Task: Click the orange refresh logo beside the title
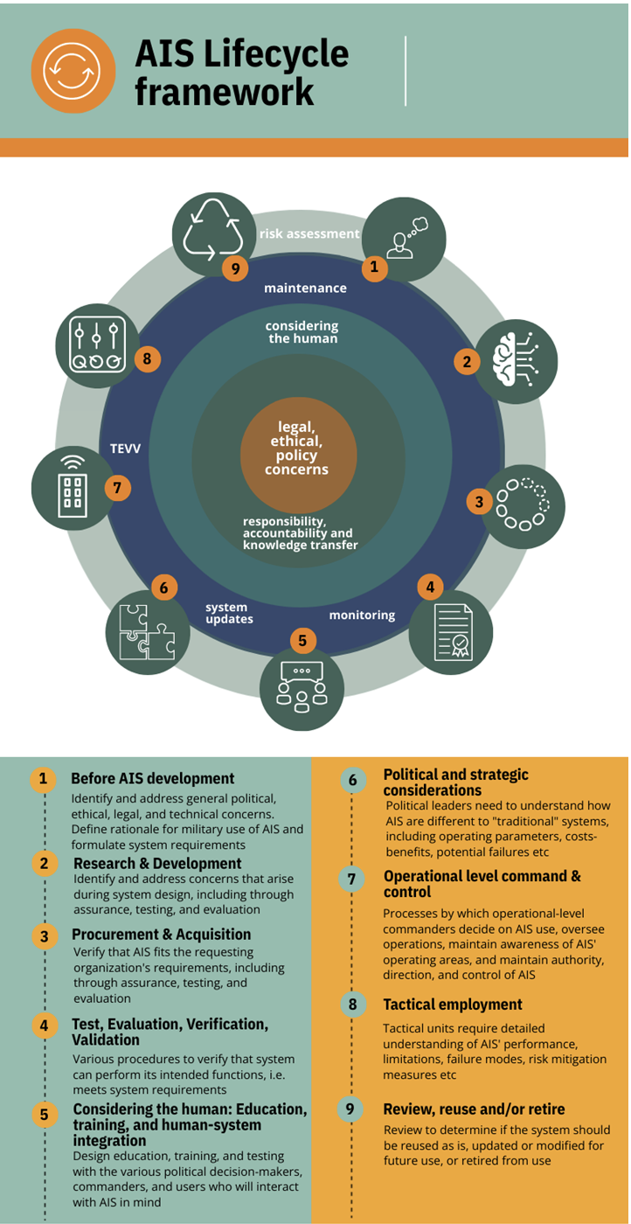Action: [x=73, y=72]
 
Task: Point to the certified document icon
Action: [x=451, y=632]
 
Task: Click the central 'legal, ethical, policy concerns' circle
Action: [x=297, y=447]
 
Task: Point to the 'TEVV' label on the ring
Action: [x=125, y=448]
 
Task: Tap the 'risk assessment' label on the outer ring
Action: [x=309, y=233]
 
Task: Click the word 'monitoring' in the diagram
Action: [x=362, y=615]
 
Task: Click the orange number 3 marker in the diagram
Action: [x=479, y=501]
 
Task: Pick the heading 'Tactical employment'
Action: [x=453, y=1005]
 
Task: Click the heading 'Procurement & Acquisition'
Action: [x=161, y=935]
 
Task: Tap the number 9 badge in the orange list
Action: [x=350, y=1109]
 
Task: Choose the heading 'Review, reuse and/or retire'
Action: [x=473, y=1109]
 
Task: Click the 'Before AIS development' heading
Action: [x=152, y=778]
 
